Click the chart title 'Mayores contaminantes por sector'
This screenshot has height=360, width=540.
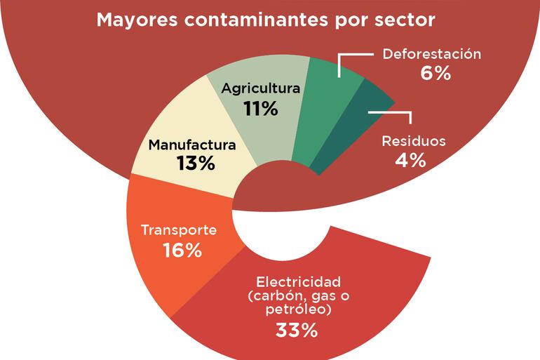pos(266,19)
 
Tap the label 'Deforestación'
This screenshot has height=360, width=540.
pos(431,54)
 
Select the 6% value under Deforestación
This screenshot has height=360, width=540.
pos(436,73)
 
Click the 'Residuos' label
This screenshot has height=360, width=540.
pos(414,141)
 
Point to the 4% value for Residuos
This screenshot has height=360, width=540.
pos(410,160)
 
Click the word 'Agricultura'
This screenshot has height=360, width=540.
pos(261,89)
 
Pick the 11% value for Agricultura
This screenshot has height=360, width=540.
pos(261,109)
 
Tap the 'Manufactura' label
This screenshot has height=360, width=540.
pos(191,147)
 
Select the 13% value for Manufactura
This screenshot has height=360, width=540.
pos(196,166)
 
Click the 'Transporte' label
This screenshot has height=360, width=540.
pos(179,230)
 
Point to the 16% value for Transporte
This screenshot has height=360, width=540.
pos(182,250)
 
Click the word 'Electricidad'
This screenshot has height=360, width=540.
pos(299,282)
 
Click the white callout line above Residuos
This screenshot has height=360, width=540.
pos(384,112)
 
